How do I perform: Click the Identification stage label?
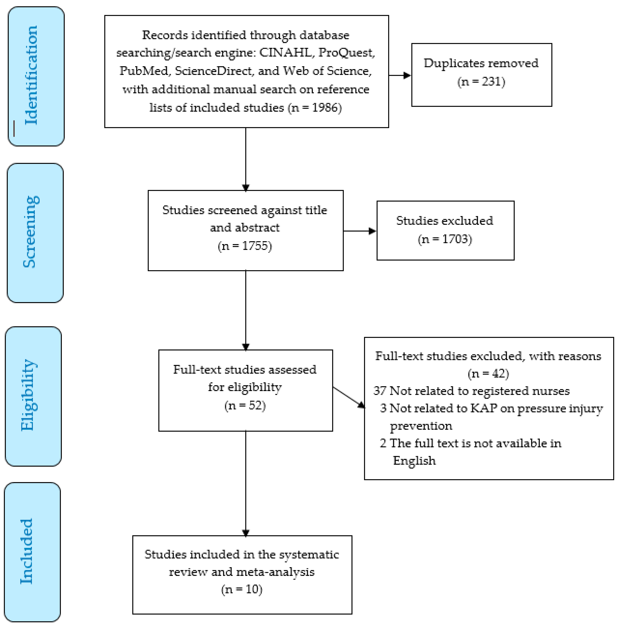click(x=31, y=75)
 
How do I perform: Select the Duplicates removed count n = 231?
click(x=481, y=82)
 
